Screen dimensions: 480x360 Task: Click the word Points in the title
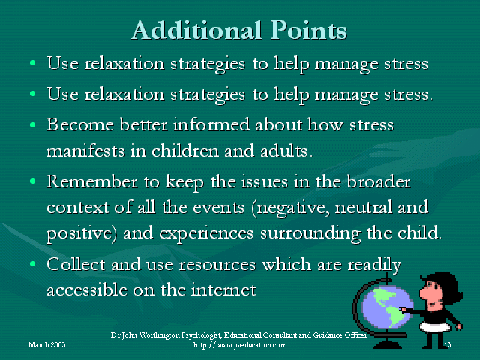[308, 30]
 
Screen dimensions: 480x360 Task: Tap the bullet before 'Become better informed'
[33, 125]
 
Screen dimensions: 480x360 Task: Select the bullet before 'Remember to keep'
[33, 181]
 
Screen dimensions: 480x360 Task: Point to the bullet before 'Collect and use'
[33, 264]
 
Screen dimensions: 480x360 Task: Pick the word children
[185, 151]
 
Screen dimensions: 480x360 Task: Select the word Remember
[91, 181]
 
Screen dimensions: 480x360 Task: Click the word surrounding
[310, 234]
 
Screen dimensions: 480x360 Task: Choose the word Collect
[76, 264]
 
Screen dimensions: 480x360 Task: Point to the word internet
[223, 289]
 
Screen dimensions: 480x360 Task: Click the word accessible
[87, 289]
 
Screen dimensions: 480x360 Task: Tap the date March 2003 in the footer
[46, 345]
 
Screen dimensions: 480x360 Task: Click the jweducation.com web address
[240, 345]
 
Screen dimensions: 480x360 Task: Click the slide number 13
[447, 345]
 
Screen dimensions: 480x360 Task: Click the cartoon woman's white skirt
[436, 327]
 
